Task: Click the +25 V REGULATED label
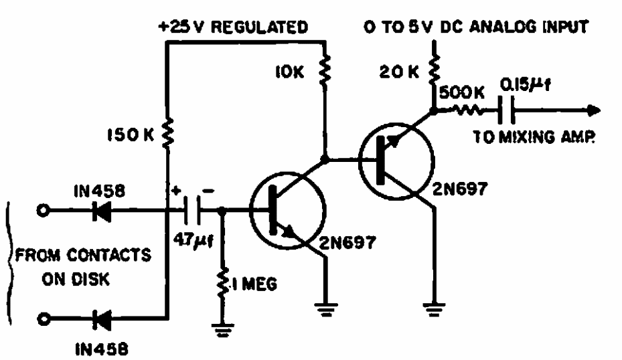(x=232, y=27)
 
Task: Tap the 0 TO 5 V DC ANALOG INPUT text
(x=475, y=27)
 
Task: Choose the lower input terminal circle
(x=44, y=319)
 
